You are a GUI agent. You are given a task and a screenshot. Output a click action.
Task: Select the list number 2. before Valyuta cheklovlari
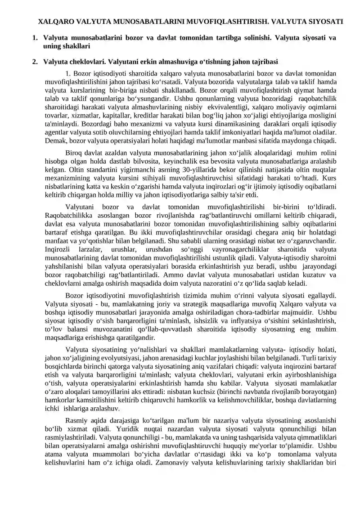[x=35, y=61]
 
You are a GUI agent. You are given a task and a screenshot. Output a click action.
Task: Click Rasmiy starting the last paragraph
[x=76, y=420]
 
